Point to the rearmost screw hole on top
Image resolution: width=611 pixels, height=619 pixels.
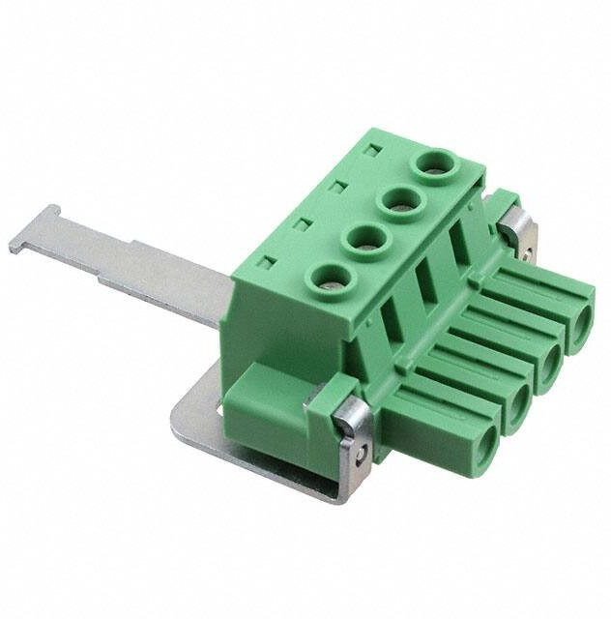point(432,164)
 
